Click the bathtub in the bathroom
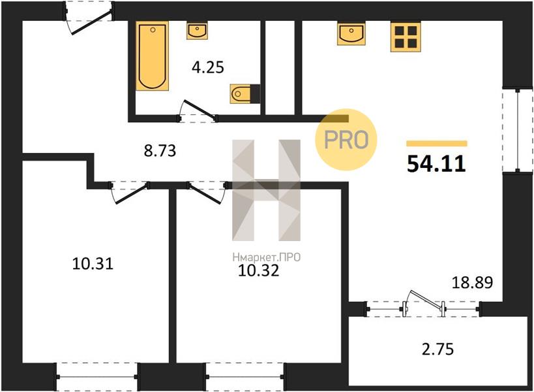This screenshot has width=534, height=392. pyautogui.click(x=152, y=56)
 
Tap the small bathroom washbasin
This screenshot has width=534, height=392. pyautogui.click(x=197, y=31)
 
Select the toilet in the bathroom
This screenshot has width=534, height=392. pyautogui.click(x=245, y=94)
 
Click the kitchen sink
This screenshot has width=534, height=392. pyautogui.click(x=351, y=34)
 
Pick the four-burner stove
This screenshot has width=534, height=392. pyautogui.click(x=406, y=37)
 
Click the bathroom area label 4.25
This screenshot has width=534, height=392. pyautogui.click(x=208, y=67)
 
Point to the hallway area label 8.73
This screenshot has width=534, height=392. pyautogui.click(x=160, y=150)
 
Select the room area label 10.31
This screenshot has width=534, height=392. pyautogui.click(x=93, y=264)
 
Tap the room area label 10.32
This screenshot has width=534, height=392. pyautogui.click(x=258, y=270)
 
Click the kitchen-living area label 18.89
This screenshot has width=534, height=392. pyautogui.click(x=472, y=282)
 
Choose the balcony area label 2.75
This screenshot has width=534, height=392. pyautogui.click(x=438, y=350)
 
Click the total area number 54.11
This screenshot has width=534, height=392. pyautogui.click(x=436, y=163)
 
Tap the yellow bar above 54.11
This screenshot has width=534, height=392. pyautogui.click(x=437, y=144)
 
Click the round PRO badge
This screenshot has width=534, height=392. pyautogui.click(x=346, y=140)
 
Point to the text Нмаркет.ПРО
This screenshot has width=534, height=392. pyautogui.click(x=266, y=257)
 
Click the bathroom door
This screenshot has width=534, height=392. pyautogui.click(x=198, y=111)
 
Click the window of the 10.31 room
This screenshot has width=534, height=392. pyautogui.click(x=97, y=377)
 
